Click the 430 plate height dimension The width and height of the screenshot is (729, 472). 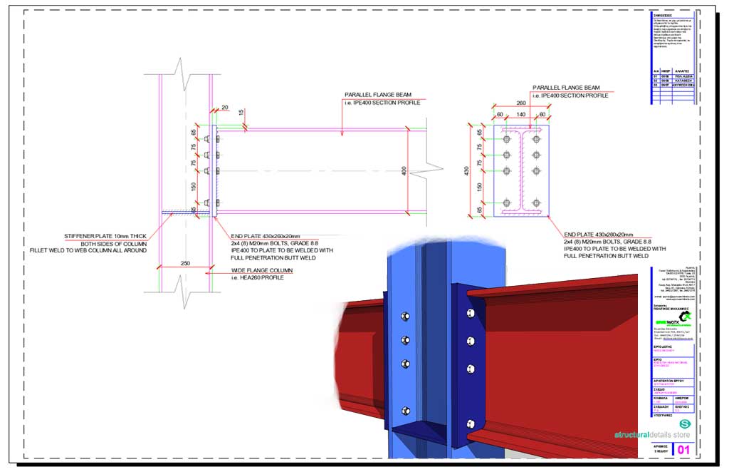[468, 171]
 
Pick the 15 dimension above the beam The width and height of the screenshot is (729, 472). [241, 113]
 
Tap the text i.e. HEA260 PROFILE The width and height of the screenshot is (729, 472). [258, 278]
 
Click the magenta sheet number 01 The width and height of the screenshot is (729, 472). [683, 450]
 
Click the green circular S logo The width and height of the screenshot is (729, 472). [685, 424]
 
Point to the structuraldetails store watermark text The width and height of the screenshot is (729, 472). [652, 433]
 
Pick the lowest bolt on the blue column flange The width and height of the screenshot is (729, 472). [406, 410]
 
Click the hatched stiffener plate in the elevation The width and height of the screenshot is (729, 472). [178, 212]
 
